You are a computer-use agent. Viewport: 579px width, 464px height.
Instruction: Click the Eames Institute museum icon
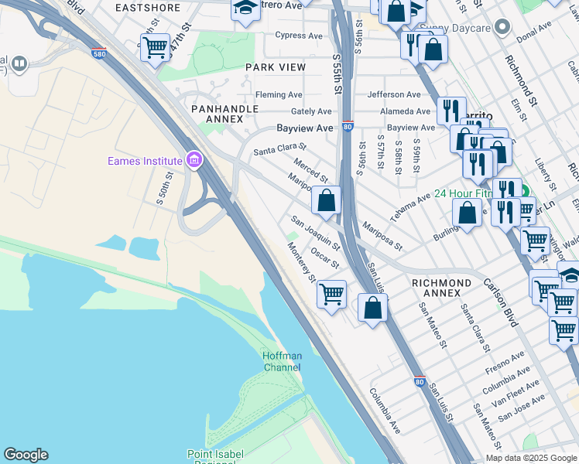tap(194, 161)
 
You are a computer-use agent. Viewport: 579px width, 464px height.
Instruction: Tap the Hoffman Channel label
tap(282, 361)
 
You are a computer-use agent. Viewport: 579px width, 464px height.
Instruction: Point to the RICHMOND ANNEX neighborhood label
tap(441, 288)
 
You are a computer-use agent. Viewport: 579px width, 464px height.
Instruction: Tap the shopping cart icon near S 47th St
tap(156, 48)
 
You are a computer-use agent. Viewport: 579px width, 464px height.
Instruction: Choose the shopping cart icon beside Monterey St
tap(331, 294)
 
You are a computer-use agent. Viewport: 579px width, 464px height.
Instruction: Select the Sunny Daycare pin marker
tap(503, 28)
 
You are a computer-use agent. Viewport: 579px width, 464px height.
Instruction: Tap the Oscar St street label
tap(324, 258)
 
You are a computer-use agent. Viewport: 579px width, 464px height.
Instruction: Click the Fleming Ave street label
tap(279, 95)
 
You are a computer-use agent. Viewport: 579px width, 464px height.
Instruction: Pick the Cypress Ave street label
tap(298, 36)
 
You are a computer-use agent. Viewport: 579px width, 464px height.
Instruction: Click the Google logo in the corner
tap(26, 455)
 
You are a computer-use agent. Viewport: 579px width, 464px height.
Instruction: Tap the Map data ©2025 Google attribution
tap(530, 458)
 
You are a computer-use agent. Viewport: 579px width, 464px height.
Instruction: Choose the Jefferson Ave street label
tap(393, 94)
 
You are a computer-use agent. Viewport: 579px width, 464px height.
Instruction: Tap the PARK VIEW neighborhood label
tap(276, 67)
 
